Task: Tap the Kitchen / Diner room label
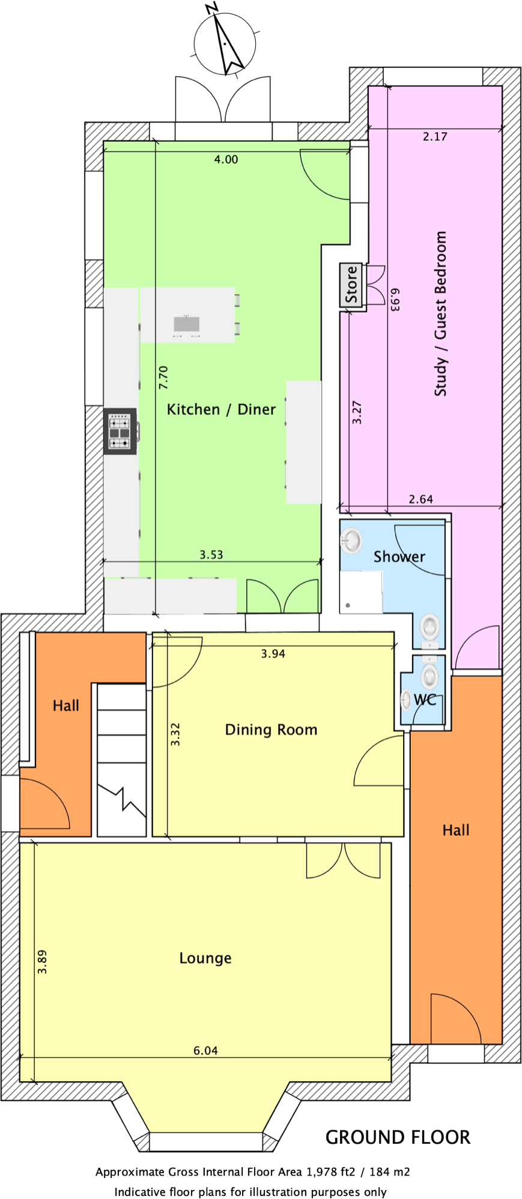coord(221,410)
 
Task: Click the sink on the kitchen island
coord(186,323)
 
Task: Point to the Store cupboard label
coord(351,285)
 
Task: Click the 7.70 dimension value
coord(163,377)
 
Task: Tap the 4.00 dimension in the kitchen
coord(226,159)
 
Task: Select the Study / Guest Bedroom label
coord(441,313)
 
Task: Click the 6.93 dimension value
coord(395,299)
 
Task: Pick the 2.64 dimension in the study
coord(420,499)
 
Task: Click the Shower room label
coord(399,557)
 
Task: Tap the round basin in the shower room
coord(351,540)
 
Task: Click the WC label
coord(425,700)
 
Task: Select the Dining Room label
coord(271,730)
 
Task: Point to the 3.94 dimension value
coord(273,654)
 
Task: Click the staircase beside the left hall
coord(122,760)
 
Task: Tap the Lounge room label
coord(205,958)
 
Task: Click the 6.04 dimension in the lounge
coord(205,1051)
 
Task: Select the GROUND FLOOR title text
coord(398,1137)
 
